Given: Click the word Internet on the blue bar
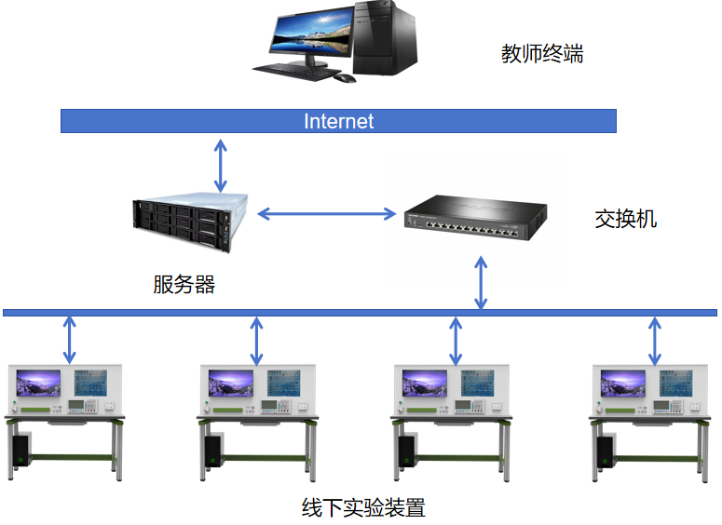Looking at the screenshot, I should (x=338, y=121).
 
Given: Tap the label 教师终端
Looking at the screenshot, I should (x=542, y=54).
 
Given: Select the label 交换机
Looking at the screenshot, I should (x=625, y=220).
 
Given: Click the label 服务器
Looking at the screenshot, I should (x=184, y=285).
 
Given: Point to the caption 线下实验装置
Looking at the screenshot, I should (x=363, y=508).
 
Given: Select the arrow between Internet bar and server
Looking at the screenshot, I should (x=220, y=165).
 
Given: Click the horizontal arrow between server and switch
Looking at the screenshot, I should (x=326, y=214).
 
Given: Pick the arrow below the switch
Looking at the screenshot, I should (x=481, y=284).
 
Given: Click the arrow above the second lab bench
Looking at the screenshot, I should (x=257, y=340).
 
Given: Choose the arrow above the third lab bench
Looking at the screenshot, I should (x=456, y=340).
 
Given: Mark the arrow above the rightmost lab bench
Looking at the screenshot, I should (x=655, y=340).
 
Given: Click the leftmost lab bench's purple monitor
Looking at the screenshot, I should (x=38, y=384).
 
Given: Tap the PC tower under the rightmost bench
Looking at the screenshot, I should (x=605, y=451).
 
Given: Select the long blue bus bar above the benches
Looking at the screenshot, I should (x=360, y=312).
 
